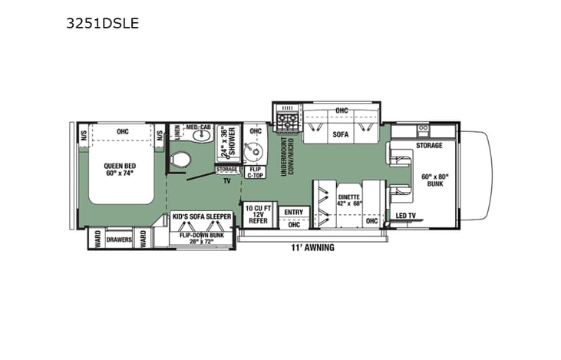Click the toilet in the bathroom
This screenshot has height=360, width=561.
pyautogui.click(x=181, y=160)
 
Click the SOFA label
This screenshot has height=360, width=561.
pyautogui.click(x=340, y=134)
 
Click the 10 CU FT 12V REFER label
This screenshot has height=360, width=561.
pyautogui.click(x=254, y=213)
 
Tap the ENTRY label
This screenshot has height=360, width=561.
pyautogui.click(x=292, y=212)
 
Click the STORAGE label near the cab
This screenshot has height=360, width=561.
pyautogui.click(x=429, y=145)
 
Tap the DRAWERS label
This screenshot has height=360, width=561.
pyautogui.click(x=119, y=240)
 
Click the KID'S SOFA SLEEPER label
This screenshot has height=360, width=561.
pyautogui.click(x=201, y=218)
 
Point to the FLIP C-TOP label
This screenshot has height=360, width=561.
pyautogui.click(x=256, y=171)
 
